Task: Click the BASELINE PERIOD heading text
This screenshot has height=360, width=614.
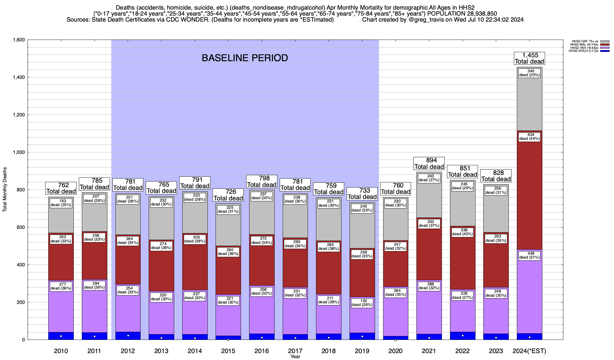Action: point(245,58)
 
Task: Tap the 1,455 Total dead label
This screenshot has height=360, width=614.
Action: point(529,58)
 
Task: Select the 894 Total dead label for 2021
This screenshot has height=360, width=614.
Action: point(429,163)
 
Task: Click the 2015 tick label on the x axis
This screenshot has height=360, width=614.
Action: point(228,351)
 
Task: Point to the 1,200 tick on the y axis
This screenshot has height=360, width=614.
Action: point(19,115)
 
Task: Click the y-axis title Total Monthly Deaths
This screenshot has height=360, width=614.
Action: point(5,190)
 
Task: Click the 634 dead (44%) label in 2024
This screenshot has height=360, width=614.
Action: point(529,136)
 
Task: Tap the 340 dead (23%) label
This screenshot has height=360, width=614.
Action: point(529,73)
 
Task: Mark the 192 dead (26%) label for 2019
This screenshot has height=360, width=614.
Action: point(362,302)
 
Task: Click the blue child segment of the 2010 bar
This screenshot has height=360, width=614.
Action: point(61,336)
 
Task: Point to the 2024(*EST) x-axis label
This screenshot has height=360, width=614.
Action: point(529,351)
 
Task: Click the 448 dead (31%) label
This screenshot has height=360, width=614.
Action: point(529,255)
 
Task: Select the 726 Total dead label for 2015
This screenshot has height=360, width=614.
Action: point(228,195)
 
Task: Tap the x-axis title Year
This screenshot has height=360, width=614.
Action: point(295,357)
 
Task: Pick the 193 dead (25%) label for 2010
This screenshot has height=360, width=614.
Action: point(61,203)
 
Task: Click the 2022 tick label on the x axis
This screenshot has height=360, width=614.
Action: point(463,351)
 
